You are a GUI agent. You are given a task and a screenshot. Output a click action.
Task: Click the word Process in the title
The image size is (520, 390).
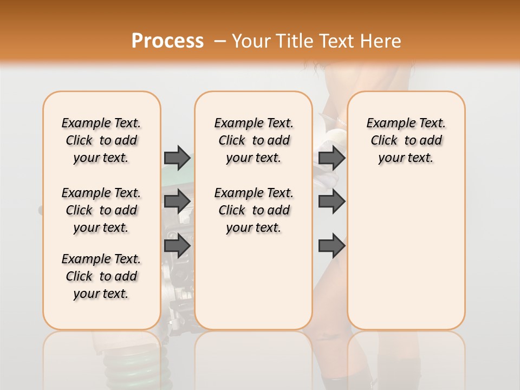pyautogui.click(x=167, y=41)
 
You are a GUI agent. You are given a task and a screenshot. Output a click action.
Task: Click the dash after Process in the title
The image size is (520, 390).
pyautogui.click(x=220, y=42)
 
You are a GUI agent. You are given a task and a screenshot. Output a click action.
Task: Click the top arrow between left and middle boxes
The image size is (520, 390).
pyautogui.click(x=177, y=158)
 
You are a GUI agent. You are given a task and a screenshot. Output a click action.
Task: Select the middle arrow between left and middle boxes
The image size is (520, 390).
pyautogui.click(x=177, y=201)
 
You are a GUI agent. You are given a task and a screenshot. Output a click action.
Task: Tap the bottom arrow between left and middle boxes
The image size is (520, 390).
pyautogui.click(x=177, y=245)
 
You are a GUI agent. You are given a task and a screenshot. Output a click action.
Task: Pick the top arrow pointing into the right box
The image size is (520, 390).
pyautogui.click(x=332, y=158)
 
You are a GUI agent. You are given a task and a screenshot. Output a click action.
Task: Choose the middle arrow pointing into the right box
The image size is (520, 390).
pyautogui.click(x=332, y=201)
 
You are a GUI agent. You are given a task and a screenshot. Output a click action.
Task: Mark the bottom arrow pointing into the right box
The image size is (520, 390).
pyautogui.click(x=332, y=245)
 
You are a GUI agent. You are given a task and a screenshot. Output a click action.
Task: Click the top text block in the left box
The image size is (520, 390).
pyautogui.click(x=101, y=140)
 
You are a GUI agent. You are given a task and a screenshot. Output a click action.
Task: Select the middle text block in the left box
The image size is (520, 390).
pyautogui.click(x=101, y=210)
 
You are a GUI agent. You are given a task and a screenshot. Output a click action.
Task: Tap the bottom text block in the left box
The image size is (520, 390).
pyautogui.click(x=101, y=276)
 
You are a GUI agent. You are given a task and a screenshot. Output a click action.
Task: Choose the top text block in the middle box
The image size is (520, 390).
pyautogui.click(x=253, y=140)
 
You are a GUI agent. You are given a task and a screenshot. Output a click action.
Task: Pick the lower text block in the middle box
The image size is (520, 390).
pyautogui.click(x=253, y=210)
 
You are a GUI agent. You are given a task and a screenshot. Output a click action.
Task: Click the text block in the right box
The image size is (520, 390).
pyautogui.click(x=406, y=140)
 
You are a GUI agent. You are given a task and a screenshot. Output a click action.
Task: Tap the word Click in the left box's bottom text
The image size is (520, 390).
pyautogui.click(x=79, y=276)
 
